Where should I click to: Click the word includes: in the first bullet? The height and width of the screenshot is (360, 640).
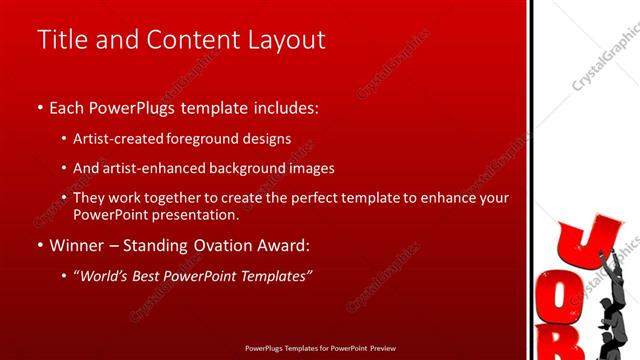[x=282, y=105]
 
